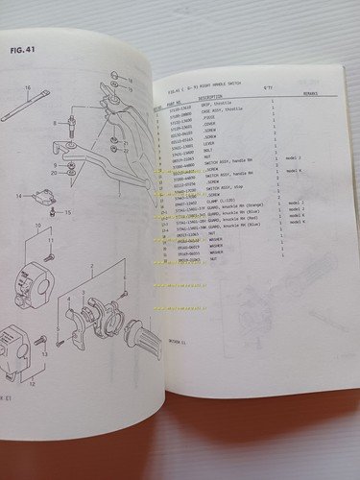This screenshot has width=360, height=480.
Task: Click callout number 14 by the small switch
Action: click(x=17, y=196)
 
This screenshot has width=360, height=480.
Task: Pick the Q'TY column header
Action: click(x=268, y=95)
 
